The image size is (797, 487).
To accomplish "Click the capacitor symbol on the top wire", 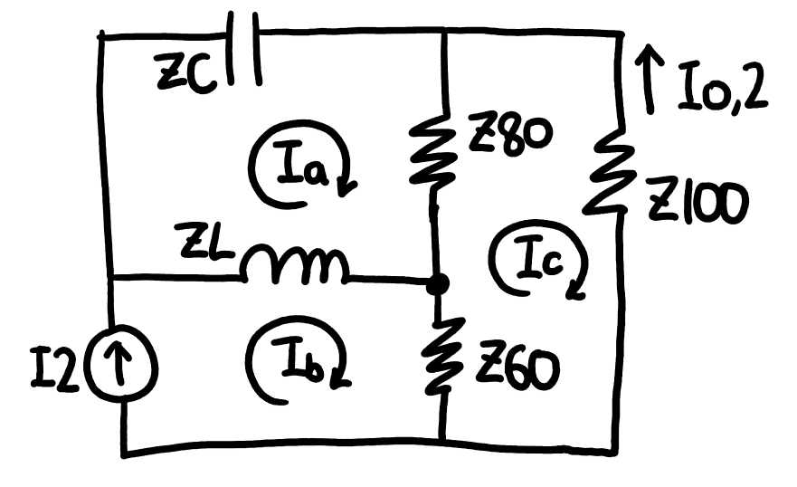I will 243,47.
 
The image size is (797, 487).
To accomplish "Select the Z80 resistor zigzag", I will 433,146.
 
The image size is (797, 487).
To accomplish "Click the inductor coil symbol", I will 295,263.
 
